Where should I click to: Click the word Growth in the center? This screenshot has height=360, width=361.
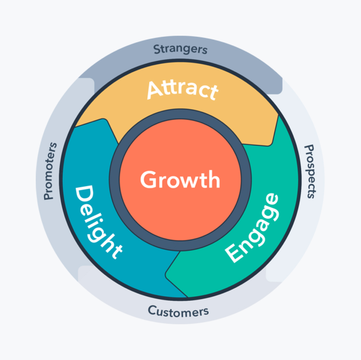point(180,180)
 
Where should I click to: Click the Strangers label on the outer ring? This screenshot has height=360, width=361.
point(180,49)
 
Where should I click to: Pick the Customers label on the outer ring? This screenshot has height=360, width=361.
point(178,311)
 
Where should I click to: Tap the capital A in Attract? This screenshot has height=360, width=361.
point(155,90)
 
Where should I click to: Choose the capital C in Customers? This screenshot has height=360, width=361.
point(152,310)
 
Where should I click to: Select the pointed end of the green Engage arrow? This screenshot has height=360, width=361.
point(167,273)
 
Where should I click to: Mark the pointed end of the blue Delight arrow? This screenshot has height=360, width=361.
point(104,121)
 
